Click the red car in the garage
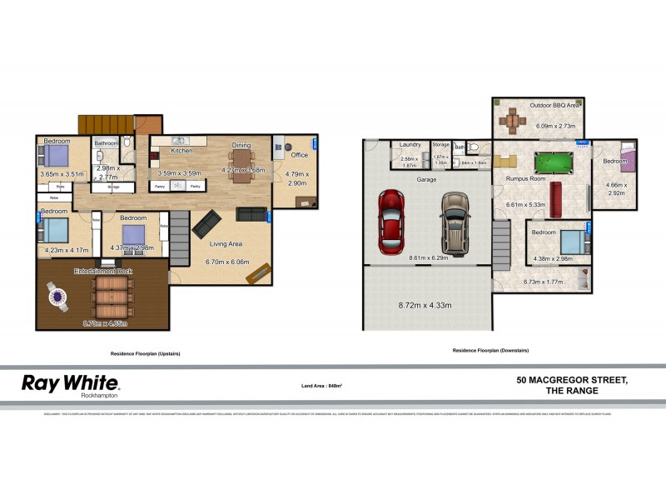[392, 222]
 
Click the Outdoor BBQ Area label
[555, 106]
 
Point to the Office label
[299, 155]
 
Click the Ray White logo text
[70, 383]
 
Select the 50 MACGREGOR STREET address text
[572, 380]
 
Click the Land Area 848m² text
[322, 386]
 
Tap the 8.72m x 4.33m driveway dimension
[425, 306]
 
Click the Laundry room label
[409, 144]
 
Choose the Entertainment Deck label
[104, 272]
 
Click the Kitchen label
[182, 151]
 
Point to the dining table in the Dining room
[241, 162]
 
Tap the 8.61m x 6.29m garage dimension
[428, 258]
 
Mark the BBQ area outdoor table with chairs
[509, 121]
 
